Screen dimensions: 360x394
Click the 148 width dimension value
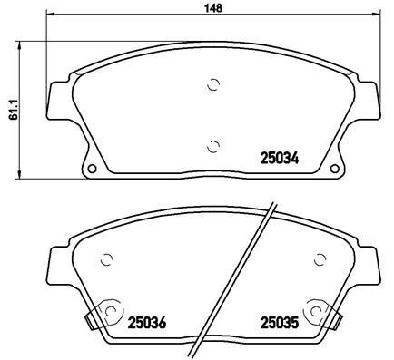[x=209, y=7]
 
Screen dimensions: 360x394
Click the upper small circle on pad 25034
[x=213, y=85]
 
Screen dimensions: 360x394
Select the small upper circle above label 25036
[x=108, y=258]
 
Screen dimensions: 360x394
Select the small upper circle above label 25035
[x=317, y=258]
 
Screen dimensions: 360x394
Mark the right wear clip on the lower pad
[x=340, y=319]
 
